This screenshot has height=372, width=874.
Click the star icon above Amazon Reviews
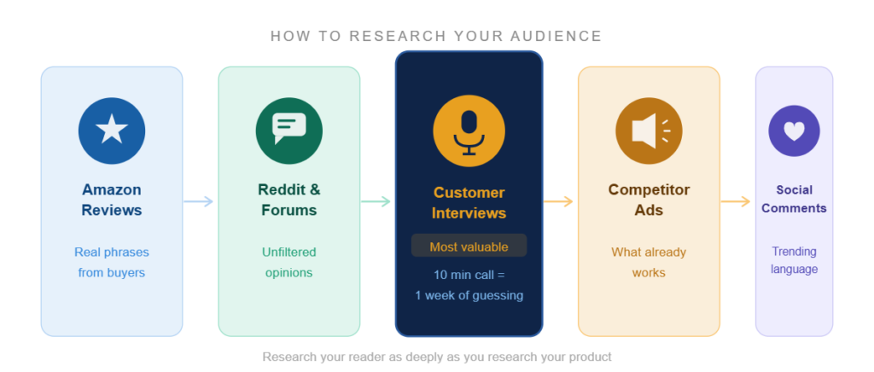[112, 131]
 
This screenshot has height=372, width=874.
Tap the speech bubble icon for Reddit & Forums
[288, 131]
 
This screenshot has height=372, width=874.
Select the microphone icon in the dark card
[469, 131]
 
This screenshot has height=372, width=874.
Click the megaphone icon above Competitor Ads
[649, 131]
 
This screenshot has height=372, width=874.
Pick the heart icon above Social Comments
[794, 131]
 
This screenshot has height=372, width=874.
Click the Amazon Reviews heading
[112, 200]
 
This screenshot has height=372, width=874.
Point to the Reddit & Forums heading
[288, 200]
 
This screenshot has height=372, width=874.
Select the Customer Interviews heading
[469, 203]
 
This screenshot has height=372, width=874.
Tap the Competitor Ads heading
[649, 200]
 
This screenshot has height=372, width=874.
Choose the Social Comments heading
[794, 199]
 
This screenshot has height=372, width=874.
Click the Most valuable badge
[469, 247]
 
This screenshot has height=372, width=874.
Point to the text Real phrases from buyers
[112, 263]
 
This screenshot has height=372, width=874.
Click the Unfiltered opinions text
[288, 263]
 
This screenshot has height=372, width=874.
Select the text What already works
[649, 263]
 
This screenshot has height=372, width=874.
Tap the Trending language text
[794, 260]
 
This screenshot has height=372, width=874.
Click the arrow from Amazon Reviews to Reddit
[199, 201]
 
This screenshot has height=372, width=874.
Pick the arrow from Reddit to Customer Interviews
[376, 201]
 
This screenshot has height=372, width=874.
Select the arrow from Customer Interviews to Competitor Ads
[559, 201]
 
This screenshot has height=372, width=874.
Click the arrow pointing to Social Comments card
[736, 201]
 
